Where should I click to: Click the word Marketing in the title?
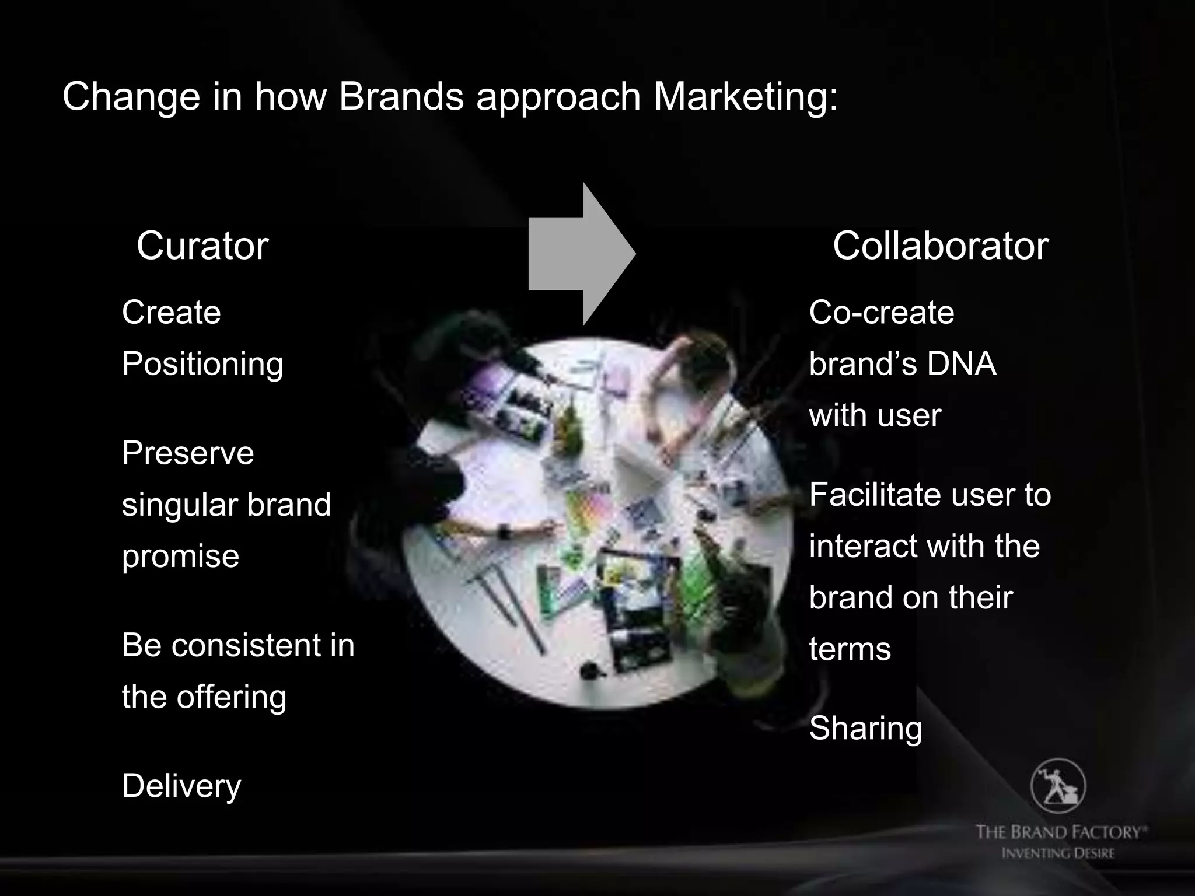click(745, 96)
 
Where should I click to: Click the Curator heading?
click(202, 246)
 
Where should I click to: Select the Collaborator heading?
click(940, 246)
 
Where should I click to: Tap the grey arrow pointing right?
click(581, 254)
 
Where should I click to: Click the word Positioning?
click(202, 364)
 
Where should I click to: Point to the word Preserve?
click(188, 453)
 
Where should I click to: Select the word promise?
click(180, 555)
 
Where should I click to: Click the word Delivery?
click(181, 786)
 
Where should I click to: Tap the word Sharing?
click(865, 728)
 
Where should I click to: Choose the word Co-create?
click(881, 312)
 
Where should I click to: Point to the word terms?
click(850, 649)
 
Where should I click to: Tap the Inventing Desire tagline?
click(1058, 853)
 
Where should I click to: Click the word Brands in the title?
click(401, 96)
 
